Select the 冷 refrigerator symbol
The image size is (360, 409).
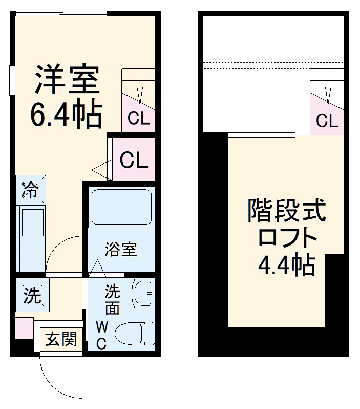pos(30,191)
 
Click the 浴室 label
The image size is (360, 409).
pos(121,250)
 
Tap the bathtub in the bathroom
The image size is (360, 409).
pos(121,207)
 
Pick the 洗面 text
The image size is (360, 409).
pos(112,300)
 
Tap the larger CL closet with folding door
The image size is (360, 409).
pos(134,160)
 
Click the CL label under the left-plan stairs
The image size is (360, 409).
pos(139,119)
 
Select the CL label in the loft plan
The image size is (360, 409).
pos(327,121)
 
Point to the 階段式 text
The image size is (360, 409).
pos(286,211)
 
